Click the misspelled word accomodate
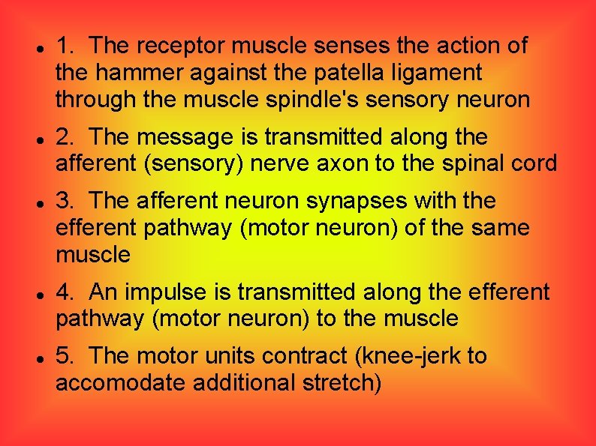pos(121,383)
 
